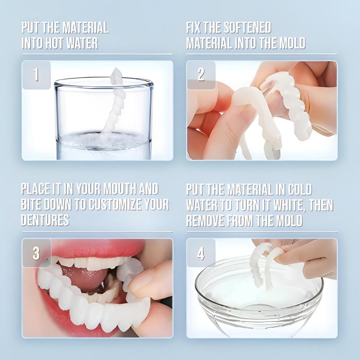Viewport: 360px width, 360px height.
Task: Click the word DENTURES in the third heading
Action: coord(45,220)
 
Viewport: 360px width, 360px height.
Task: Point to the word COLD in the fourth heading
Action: coord(295,189)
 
